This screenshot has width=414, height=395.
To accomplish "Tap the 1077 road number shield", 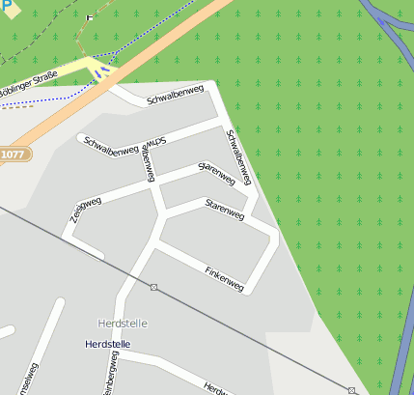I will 13,155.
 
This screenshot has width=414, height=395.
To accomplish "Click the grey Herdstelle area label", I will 123,323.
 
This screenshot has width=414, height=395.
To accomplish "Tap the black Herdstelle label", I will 107,344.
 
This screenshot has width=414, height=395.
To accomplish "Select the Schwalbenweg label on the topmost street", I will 175,96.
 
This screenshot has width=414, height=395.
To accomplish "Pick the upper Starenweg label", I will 216,174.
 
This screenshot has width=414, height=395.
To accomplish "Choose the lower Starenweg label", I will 224,210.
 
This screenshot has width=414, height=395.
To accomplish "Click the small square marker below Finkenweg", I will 153,287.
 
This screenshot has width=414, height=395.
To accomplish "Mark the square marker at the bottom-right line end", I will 352,390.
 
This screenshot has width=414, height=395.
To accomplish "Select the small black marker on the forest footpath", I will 90,16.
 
